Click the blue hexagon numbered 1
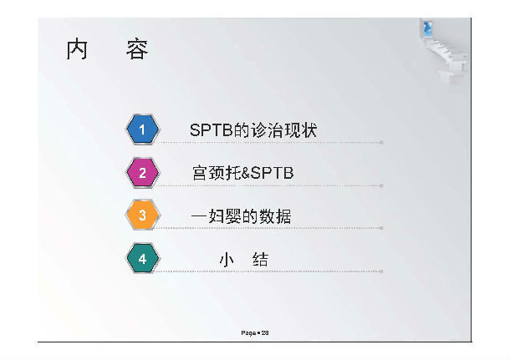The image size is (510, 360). (142, 129)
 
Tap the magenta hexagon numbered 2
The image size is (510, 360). (142, 173)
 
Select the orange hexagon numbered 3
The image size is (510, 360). (142, 215)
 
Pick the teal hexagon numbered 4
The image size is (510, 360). (142, 259)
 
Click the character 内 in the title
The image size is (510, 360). (77, 49)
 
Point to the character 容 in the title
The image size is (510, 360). (137, 49)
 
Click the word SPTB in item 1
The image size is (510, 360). (212, 130)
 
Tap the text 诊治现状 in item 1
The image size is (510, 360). (283, 130)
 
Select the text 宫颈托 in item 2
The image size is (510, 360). (217, 173)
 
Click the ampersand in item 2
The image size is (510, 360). (246, 173)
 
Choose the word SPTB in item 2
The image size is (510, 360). (273, 173)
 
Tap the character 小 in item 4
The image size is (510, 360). (227, 260)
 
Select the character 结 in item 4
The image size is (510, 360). (260, 260)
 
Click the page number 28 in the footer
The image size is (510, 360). (265, 332)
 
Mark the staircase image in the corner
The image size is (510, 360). (444, 52)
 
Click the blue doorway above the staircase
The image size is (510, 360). (427, 28)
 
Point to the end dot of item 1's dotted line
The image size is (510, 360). (381, 142)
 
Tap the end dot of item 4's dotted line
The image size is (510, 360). (381, 271)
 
